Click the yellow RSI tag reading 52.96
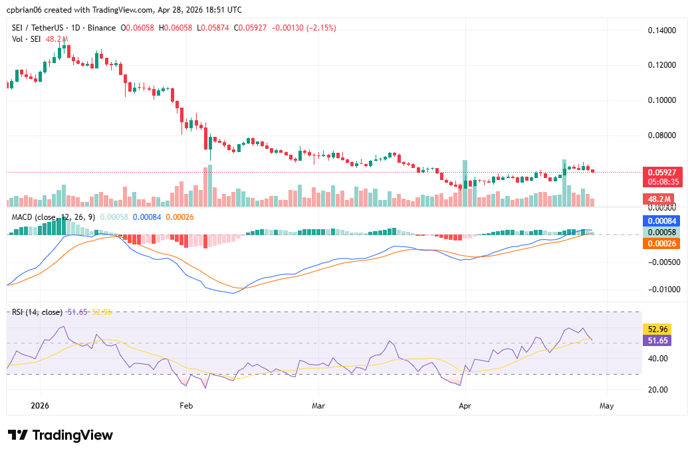coord(658,329)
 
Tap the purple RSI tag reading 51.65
coord(658,340)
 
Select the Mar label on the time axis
coord(318,405)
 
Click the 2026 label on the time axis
coord(40,405)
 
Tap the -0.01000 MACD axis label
coord(660,290)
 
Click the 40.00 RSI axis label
coord(657,359)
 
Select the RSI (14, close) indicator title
coord(37,312)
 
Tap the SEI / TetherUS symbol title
coord(39,28)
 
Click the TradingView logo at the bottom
coord(60,435)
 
